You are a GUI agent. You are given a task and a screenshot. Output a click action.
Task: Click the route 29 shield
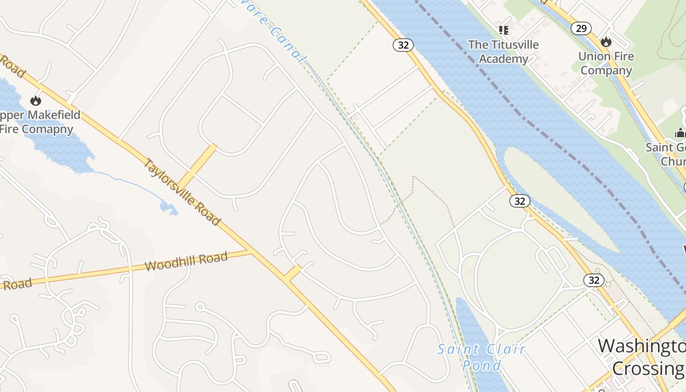pyautogui.click(x=581, y=28)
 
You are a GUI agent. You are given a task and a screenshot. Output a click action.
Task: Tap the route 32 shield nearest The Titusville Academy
pyautogui.click(x=403, y=45)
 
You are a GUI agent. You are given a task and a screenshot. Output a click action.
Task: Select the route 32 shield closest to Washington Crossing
pyautogui.click(x=593, y=280)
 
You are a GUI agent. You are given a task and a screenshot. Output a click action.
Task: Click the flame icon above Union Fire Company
pyautogui.click(x=606, y=42)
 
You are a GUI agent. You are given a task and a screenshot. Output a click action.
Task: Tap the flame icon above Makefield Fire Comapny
pyautogui.click(x=35, y=100)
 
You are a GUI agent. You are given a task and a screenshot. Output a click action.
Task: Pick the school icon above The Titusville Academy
pyautogui.click(x=503, y=30)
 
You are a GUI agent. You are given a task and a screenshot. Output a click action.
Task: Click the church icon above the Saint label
pyautogui.click(x=680, y=132)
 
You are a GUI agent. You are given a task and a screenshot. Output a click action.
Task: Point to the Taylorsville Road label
pyautogui.click(x=181, y=192)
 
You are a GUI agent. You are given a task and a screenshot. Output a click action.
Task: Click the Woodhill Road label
pyautogui.click(x=187, y=261)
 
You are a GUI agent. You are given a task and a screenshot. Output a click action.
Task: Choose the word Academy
pyautogui.click(x=503, y=59)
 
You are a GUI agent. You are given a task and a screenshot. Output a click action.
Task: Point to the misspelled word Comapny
pyautogui.click(x=49, y=129)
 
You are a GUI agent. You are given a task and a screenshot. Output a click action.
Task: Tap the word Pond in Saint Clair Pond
pyautogui.click(x=482, y=365)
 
